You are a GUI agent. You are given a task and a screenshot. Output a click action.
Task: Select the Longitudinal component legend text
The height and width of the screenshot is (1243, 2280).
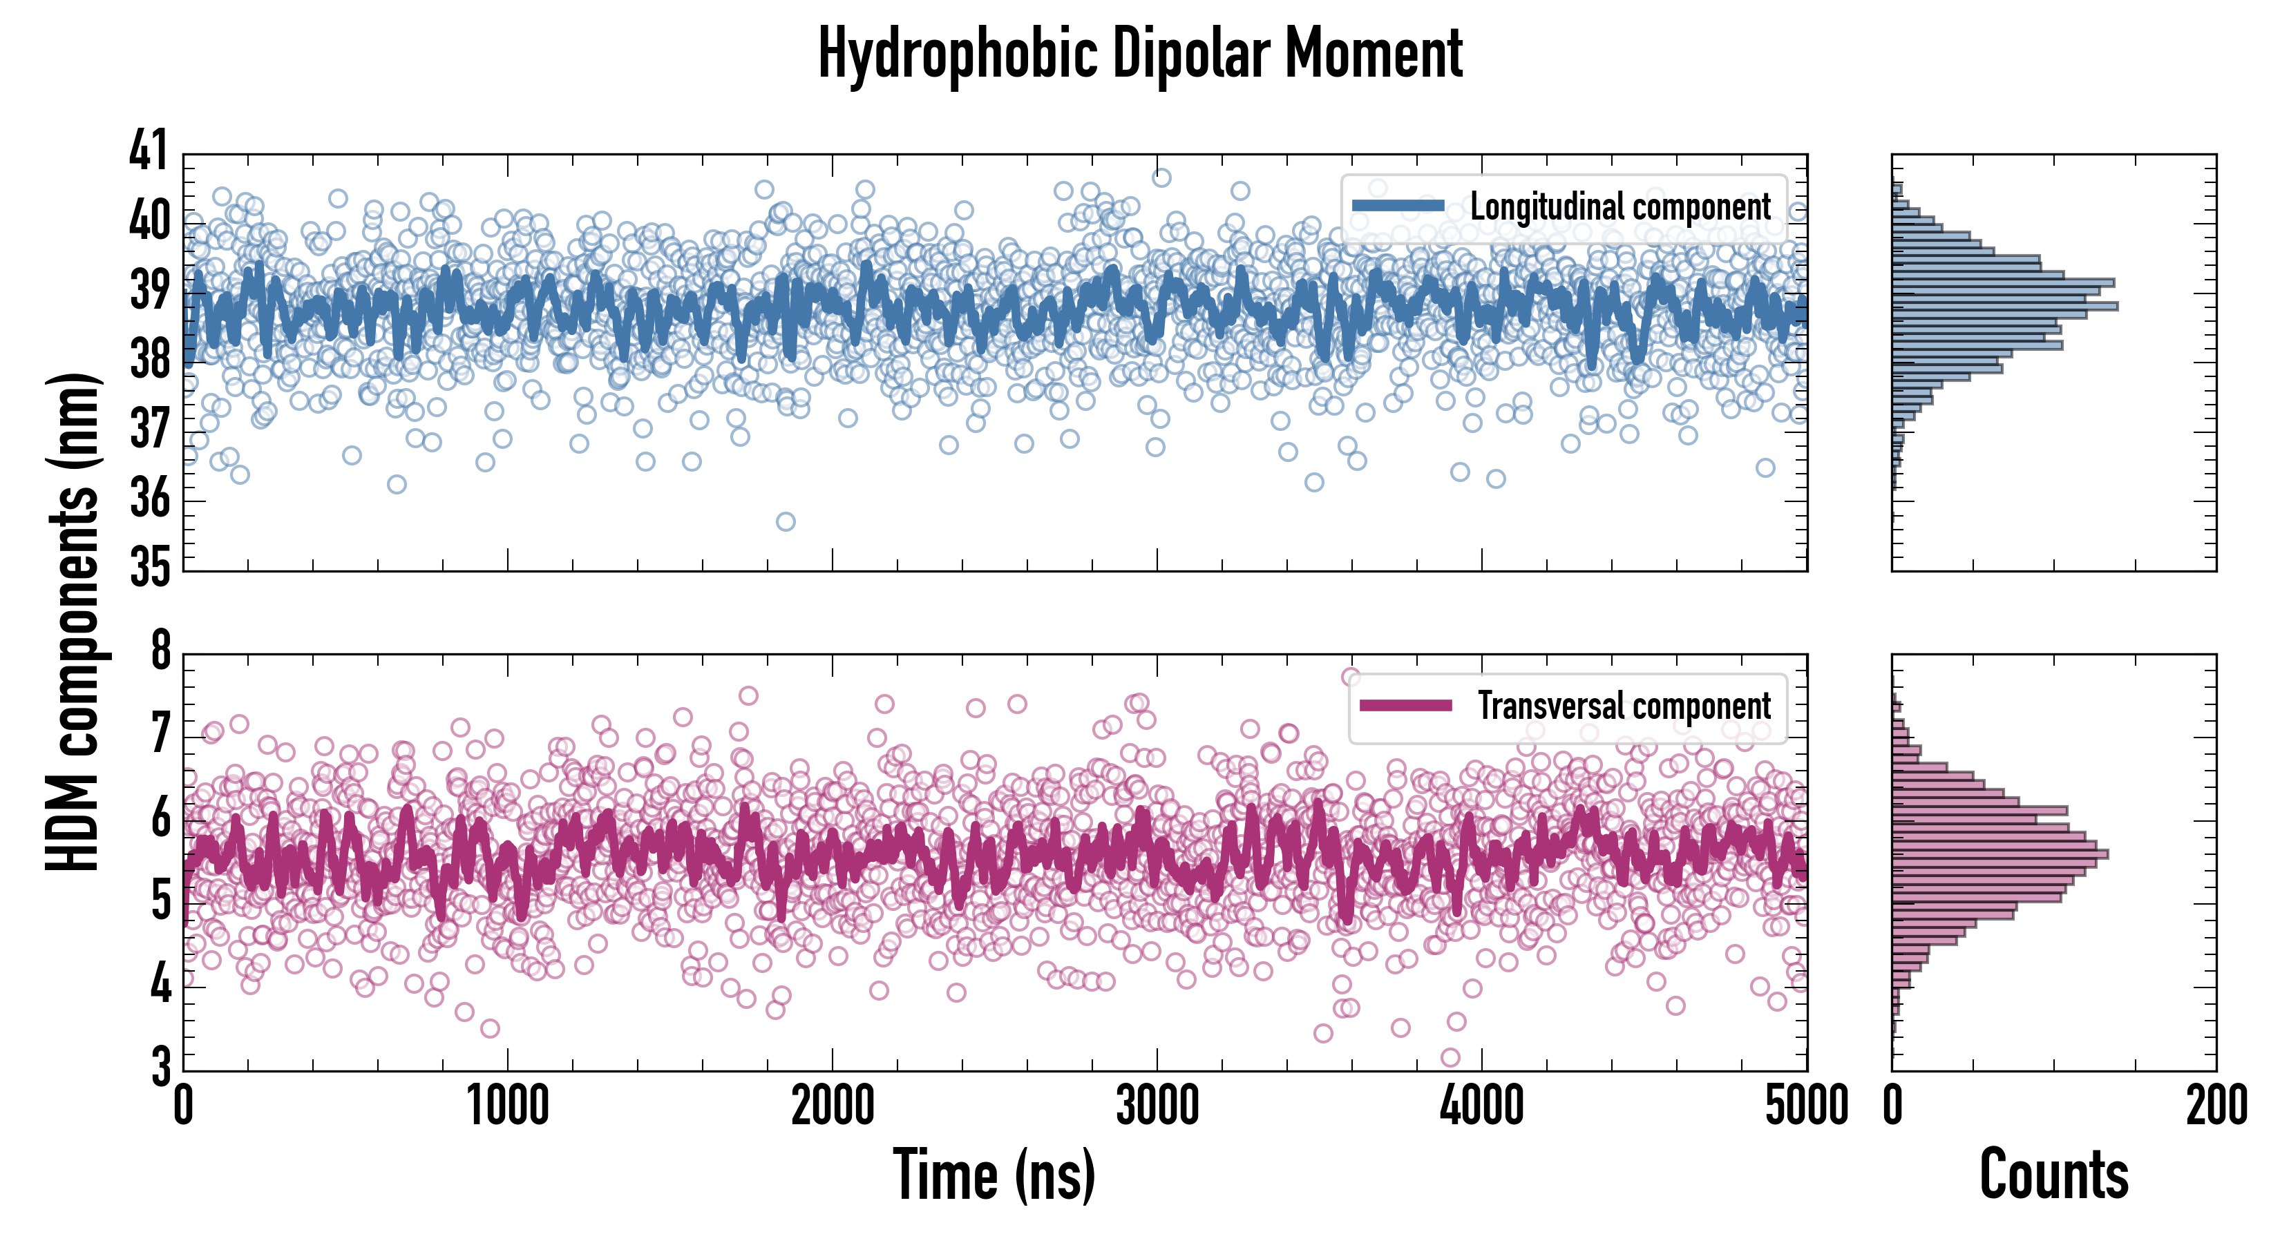coord(1619,207)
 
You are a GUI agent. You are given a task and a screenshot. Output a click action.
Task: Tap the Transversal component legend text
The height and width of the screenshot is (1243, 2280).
coord(1624,706)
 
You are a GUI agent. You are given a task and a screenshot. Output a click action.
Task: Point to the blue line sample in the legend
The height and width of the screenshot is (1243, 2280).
coord(1398,206)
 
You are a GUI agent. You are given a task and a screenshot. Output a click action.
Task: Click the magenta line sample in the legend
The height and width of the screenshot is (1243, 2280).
coord(1405,705)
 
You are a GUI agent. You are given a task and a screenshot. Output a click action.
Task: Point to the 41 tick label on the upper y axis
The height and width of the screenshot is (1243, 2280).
coord(148,151)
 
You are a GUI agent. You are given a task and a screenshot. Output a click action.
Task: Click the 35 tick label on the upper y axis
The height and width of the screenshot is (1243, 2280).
coord(148,567)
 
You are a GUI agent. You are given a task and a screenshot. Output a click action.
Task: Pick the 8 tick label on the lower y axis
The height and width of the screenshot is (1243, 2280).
coord(160,651)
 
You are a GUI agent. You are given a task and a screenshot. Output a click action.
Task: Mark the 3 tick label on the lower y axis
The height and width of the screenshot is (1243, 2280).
coord(160,1066)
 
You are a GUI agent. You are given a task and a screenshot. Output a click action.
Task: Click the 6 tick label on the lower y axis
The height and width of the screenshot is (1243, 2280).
coord(160,818)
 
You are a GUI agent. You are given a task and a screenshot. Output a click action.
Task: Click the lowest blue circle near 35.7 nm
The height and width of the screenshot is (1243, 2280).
coord(785,521)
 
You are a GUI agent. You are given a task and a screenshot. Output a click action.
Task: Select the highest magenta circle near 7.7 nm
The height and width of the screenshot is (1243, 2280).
coord(1351,677)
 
